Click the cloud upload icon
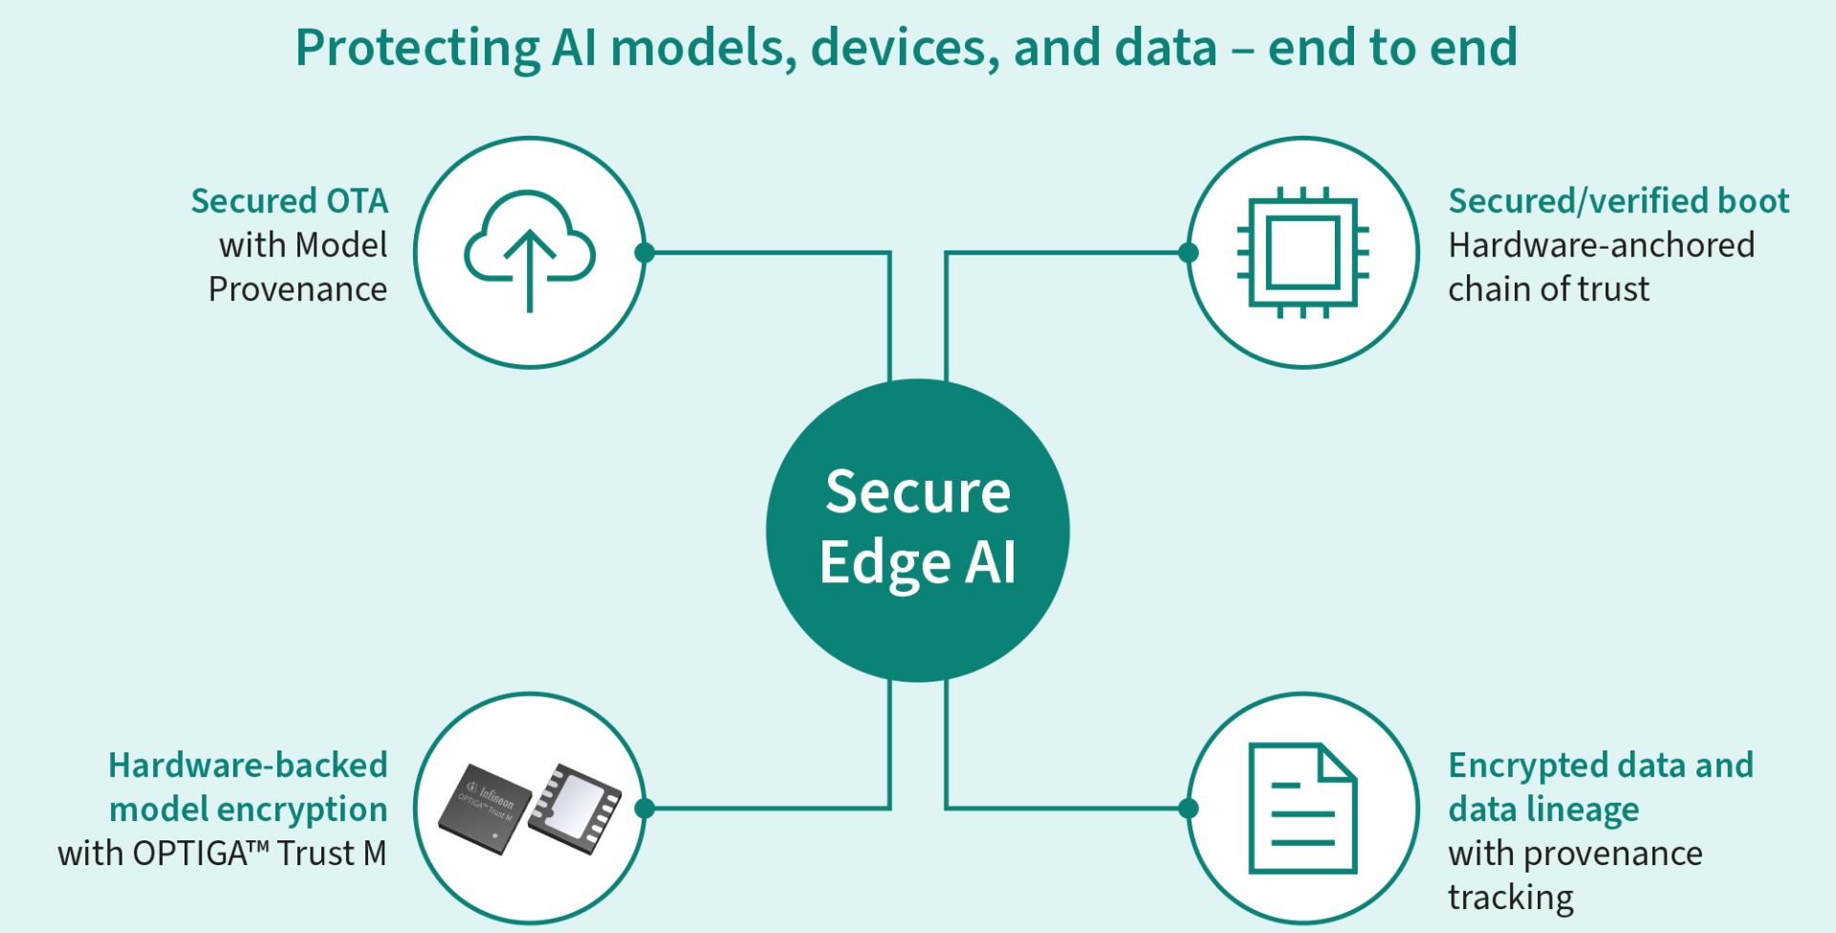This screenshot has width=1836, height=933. (x=530, y=250)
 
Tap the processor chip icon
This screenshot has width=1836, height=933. (x=1302, y=252)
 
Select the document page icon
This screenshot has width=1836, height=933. (x=1302, y=808)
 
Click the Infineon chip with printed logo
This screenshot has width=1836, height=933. (x=485, y=809)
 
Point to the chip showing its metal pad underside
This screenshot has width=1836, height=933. (x=576, y=807)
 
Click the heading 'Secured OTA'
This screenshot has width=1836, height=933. (x=290, y=201)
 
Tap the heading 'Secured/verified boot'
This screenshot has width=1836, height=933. (x=1618, y=201)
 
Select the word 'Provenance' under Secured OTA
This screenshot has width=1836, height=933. (x=297, y=289)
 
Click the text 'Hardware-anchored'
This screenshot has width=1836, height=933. (x=1601, y=245)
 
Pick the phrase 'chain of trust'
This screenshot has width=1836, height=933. (x=1548, y=289)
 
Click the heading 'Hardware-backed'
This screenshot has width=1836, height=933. (x=248, y=765)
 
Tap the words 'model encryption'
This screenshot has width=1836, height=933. (x=248, y=810)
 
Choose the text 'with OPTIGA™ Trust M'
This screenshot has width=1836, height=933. (x=222, y=853)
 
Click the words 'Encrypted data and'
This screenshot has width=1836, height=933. (x=1601, y=766)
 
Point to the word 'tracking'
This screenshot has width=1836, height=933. (x=1511, y=898)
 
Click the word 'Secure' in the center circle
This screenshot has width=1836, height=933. (x=918, y=492)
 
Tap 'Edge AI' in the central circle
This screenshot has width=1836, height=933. (x=918, y=562)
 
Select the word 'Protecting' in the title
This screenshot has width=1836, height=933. (x=417, y=48)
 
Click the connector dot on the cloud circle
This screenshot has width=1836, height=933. (x=645, y=252)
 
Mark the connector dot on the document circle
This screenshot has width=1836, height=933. (x=1189, y=809)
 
